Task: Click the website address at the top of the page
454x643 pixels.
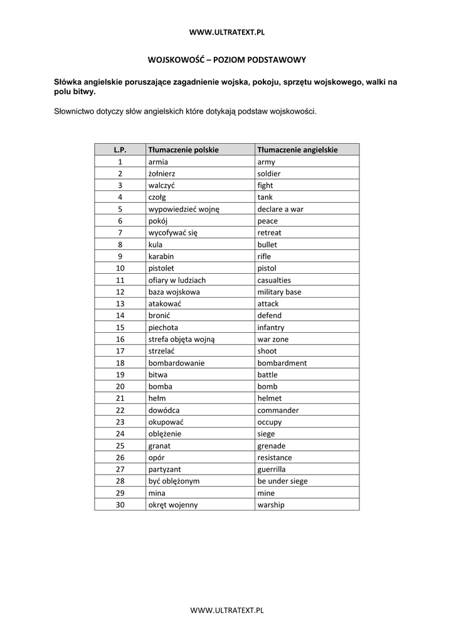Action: click(x=226, y=31)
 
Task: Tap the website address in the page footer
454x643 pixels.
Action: click(x=226, y=609)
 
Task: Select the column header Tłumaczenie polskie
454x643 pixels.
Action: click(x=183, y=149)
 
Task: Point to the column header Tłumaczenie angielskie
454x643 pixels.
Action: click(x=297, y=149)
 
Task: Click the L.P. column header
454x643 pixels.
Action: click(x=120, y=149)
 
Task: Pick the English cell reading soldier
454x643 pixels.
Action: click(x=269, y=173)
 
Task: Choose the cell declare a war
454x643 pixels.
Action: click(x=280, y=209)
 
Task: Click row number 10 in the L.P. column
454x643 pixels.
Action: click(x=120, y=268)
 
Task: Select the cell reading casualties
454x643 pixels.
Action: click(x=274, y=280)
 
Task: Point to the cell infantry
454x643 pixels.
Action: click(x=270, y=327)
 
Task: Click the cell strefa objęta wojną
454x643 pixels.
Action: click(x=181, y=339)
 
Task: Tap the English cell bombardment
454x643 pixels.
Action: click(x=282, y=363)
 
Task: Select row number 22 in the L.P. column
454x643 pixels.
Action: click(x=120, y=410)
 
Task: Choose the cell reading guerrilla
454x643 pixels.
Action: click(x=271, y=469)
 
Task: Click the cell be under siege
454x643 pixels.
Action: click(x=282, y=481)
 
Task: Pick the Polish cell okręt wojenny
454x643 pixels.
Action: click(x=172, y=505)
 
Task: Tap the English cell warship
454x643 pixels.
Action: click(x=270, y=505)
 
